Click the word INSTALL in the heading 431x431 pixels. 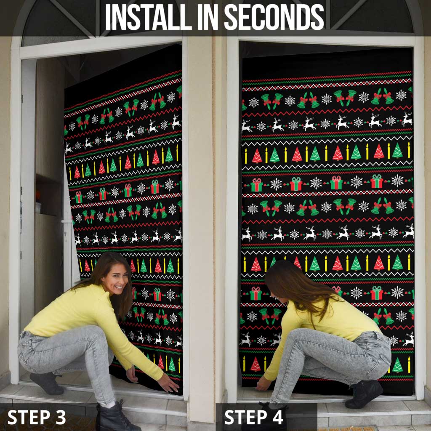click(149, 17)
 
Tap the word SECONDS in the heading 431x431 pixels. click(274, 17)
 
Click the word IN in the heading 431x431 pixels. click(208, 17)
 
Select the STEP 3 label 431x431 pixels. click(37, 417)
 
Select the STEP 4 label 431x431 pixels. click(254, 417)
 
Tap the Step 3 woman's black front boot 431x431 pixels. click(115, 416)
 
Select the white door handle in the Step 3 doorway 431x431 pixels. click(68, 221)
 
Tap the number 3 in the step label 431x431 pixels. click(61, 417)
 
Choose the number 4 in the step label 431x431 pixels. click(278, 417)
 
